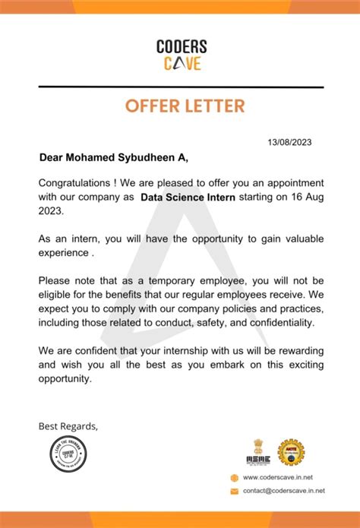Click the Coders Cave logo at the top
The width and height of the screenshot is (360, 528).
pyautogui.click(x=182, y=55)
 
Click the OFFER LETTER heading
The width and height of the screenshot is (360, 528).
pyautogui.click(x=181, y=105)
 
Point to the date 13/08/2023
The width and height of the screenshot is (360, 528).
pyautogui.click(x=289, y=142)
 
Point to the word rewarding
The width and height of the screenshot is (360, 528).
pyautogui.click(x=292, y=349)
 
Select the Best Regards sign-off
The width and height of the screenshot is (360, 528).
pyautogui.click(x=68, y=425)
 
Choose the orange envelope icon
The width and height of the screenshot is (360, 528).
pyautogui.click(x=235, y=492)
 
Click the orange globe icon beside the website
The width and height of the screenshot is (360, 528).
pyautogui.click(x=235, y=477)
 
